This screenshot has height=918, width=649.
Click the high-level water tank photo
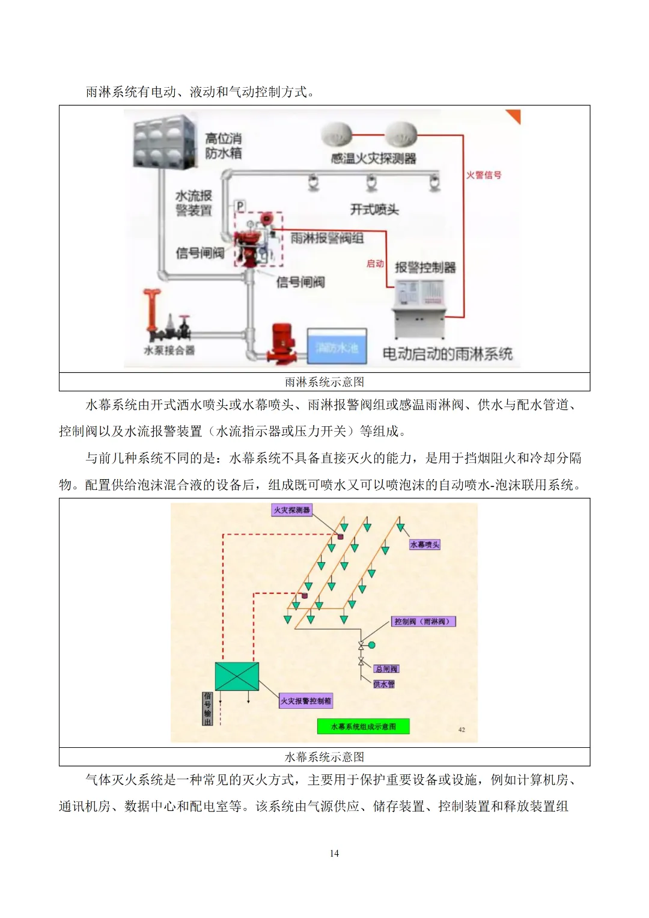[x=164, y=142]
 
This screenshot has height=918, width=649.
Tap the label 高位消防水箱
[x=223, y=146]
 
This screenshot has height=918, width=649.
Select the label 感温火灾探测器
[x=373, y=159]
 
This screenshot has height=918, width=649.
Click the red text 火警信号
[x=484, y=175]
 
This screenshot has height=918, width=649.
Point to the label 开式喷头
[x=374, y=209]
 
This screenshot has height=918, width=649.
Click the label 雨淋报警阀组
[x=327, y=238]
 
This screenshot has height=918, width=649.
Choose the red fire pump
[x=280, y=344]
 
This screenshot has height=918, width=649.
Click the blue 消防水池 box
[x=337, y=346]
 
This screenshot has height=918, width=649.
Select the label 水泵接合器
[x=169, y=350]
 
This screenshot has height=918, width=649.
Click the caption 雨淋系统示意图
[x=324, y=382]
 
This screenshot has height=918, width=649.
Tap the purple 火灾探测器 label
[x=291, y=510]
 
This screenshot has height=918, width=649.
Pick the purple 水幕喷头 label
[x=424, y=545]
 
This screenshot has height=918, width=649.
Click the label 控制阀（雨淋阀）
[x=423, y=622]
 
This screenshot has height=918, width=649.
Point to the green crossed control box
[x=237, y=676]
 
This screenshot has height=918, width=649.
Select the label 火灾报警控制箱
[x=305, y=701]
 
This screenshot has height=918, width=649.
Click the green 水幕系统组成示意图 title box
[x=363, y=726]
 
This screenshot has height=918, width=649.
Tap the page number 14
[x=334, y=853]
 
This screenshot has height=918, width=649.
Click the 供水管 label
[x=383, y=684]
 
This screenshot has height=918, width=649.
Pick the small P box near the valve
[x=240, y=206]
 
